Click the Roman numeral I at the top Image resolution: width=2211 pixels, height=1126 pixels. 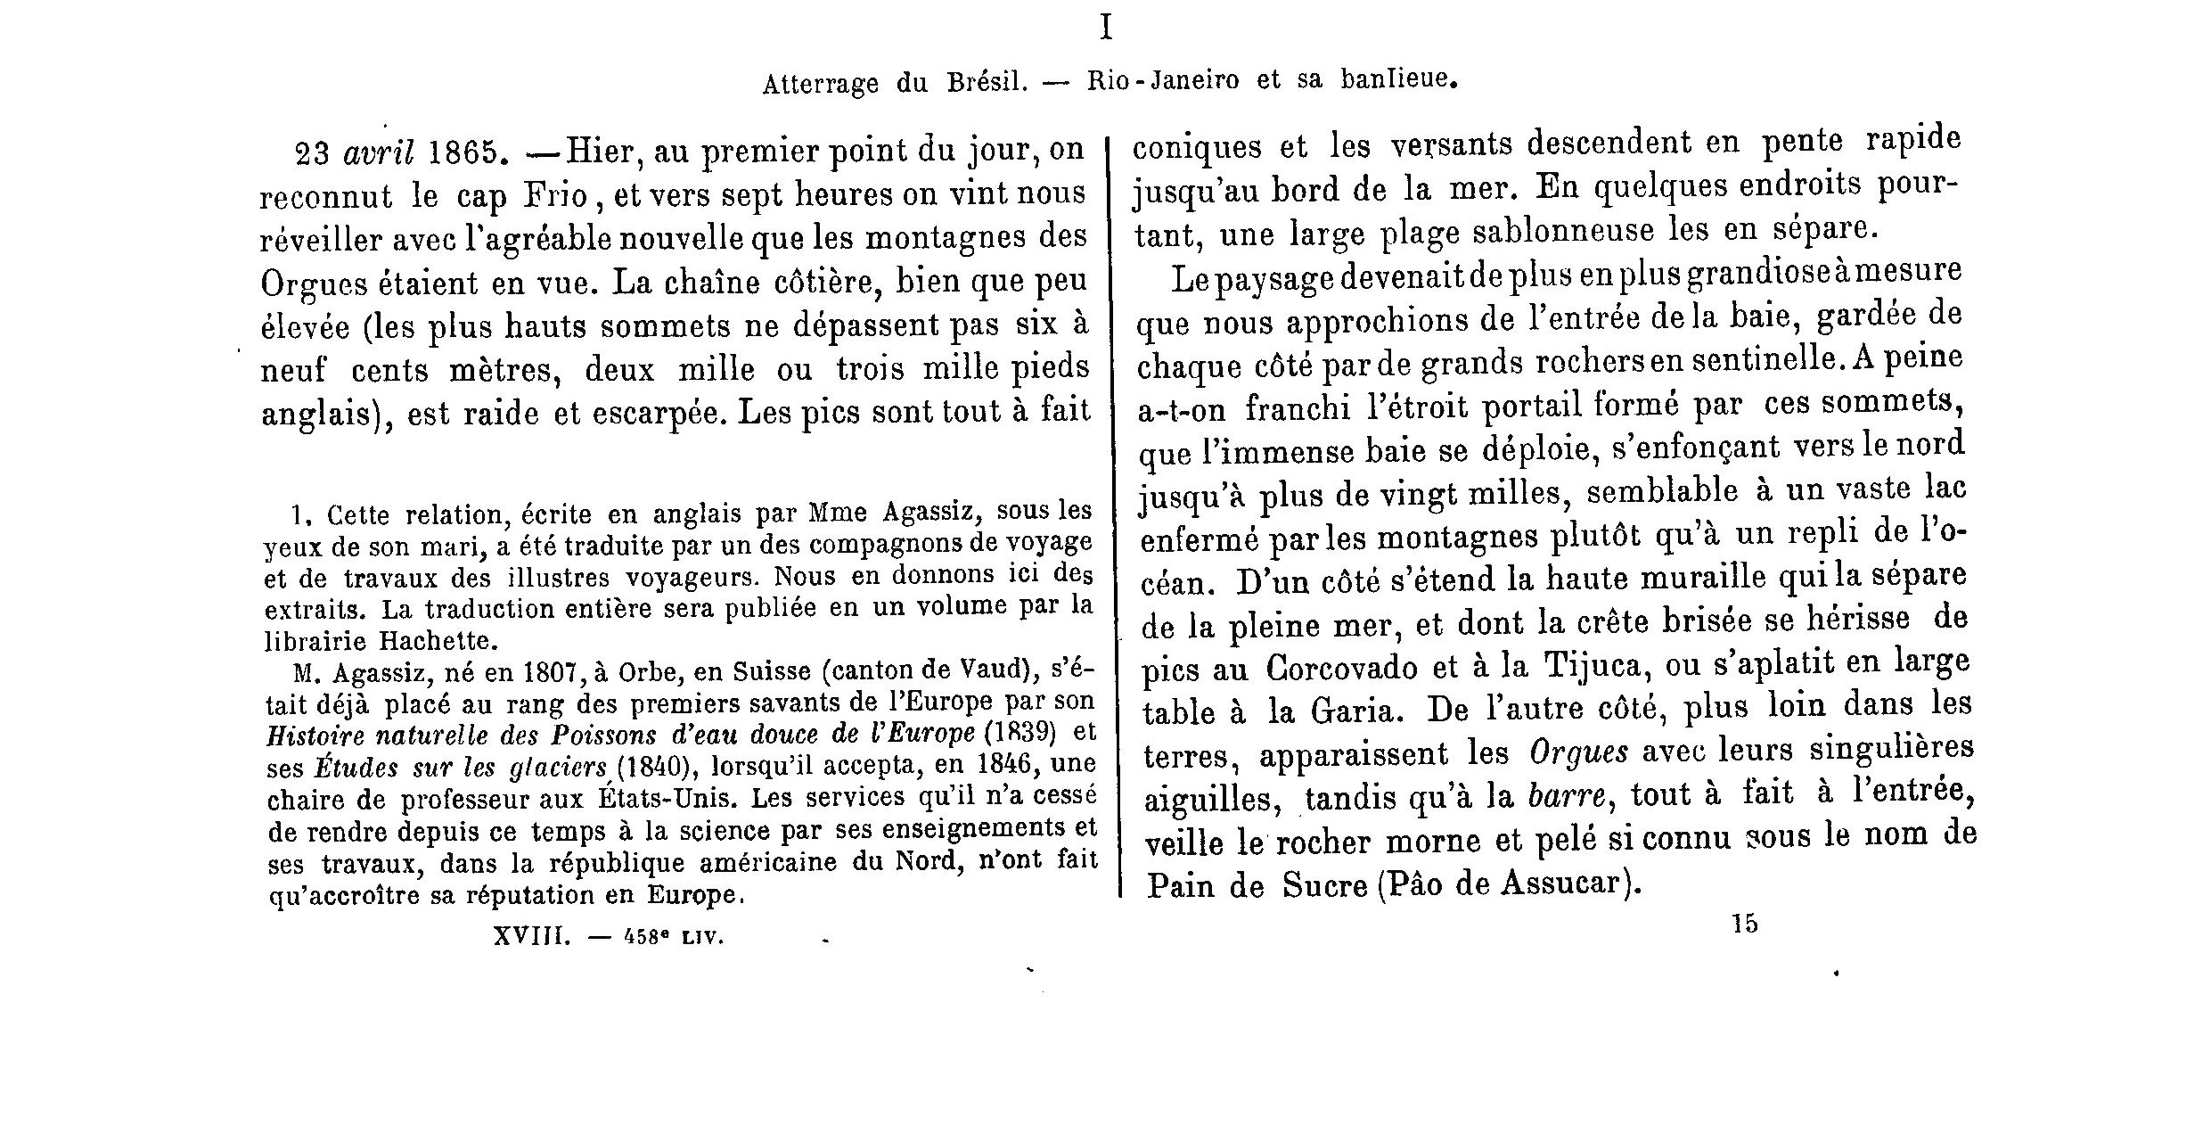tap(1106, 29)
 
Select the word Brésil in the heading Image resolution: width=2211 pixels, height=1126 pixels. tap(987, 83)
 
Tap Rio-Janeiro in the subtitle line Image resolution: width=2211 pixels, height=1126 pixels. tap(1163, 81)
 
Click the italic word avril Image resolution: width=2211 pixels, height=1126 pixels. tap(379, 153)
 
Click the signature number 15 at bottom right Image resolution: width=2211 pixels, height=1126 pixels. tap(1745, 925)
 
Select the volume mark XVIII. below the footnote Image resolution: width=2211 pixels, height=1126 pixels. tap(531, 937)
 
